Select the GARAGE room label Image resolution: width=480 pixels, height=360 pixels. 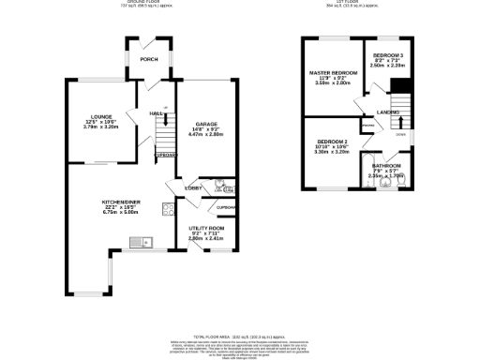point(206,124)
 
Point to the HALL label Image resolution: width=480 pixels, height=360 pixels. point(157,113)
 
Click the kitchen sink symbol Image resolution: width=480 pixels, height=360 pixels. point(138,243)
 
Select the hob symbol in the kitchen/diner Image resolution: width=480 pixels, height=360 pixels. point(166,210)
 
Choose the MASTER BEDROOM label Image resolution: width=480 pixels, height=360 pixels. point(334,73)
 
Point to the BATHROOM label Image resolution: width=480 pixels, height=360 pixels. point(387,165)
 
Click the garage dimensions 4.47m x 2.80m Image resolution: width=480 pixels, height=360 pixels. point(206,135)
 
